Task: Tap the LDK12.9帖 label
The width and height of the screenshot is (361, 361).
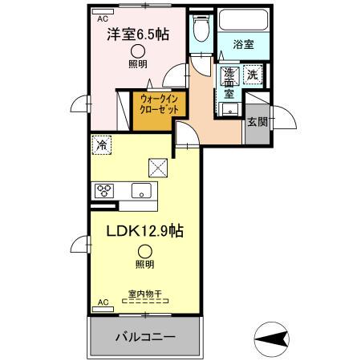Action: pos(145,231)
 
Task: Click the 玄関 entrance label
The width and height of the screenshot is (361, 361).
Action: pos(257,122)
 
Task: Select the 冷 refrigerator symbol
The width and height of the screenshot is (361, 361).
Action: pos(101,145)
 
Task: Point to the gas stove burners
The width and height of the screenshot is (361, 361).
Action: pos(104,190)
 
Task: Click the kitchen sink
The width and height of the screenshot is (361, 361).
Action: pos(141,190)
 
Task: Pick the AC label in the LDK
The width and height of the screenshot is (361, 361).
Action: pos(103,302)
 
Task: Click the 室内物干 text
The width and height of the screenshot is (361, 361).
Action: pos(144,294)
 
